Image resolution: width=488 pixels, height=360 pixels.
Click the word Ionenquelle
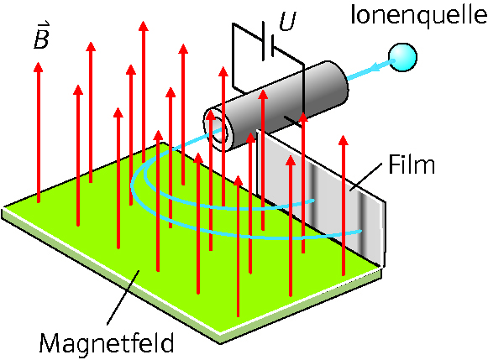click(x=418, y=15)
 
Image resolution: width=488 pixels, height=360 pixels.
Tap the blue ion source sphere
click(x=402, y=58)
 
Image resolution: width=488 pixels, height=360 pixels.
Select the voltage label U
click(x=287, y=21)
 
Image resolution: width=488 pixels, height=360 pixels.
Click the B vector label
click(x=42, y=36)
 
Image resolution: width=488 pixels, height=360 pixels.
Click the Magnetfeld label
click(x=107, y=342)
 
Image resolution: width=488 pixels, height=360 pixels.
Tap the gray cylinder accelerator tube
click(x=275, y=106)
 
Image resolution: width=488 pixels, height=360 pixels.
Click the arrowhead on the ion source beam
click(x=377, y=66)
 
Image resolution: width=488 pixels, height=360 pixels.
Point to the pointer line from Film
click(x=366, y=176)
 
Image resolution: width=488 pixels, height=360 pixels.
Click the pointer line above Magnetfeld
click(x=123, y=298)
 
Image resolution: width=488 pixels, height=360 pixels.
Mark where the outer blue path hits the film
click(x=361, y=232)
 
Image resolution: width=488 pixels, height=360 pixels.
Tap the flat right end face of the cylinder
click(x=338, y=81)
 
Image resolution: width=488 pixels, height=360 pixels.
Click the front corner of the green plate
click(x=221, y=333)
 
